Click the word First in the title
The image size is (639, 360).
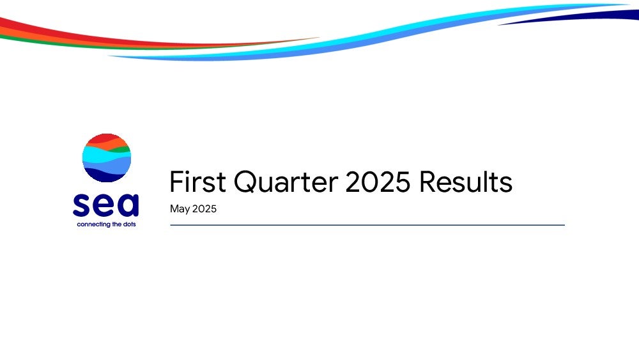[197, 182]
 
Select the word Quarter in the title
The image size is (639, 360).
[286, 183]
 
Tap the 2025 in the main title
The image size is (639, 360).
[378, 182]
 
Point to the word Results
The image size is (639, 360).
[465, 182]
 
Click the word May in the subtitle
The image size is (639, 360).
[180, 209]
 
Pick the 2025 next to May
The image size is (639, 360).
[204, 208]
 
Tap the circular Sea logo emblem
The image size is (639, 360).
[107, 158]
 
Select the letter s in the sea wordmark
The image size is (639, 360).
[81, 205]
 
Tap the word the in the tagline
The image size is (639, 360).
[117, 224]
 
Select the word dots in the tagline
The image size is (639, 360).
[130, 224]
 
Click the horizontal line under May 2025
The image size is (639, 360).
[367, 225]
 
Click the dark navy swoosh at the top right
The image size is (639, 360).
[579, 17]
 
